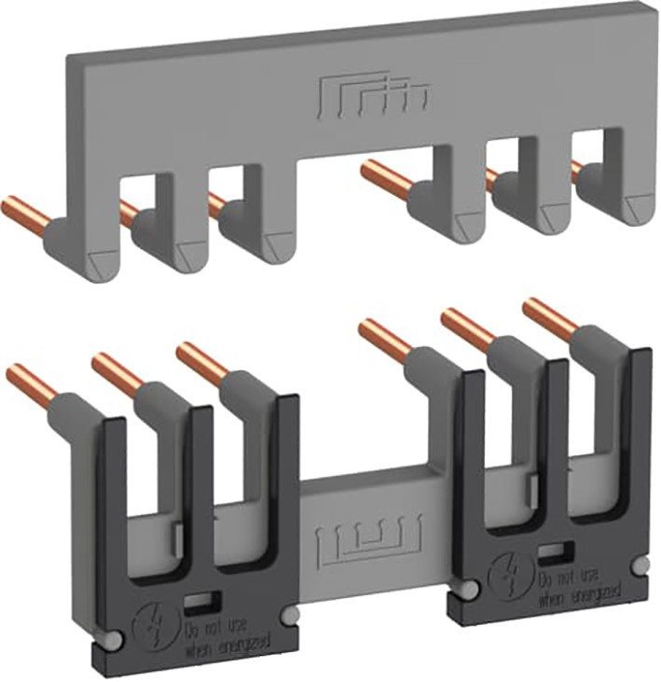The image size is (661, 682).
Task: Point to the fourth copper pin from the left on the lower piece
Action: point(382,336)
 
